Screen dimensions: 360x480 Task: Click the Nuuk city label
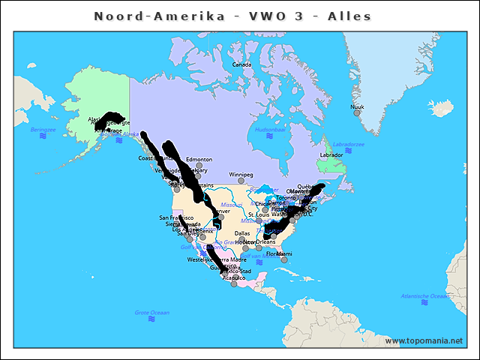click(x=357, y=106)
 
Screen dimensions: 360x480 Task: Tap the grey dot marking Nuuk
click(x=357, y=113)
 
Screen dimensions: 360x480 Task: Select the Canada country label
click(x=241, y=64)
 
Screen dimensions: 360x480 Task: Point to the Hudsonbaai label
click(x=270, y=129)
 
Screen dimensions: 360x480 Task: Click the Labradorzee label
click(x=348, y=143)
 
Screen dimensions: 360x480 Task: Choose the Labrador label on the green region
click(x=331, y=155)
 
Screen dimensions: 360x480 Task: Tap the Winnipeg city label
click(x=241, y=174)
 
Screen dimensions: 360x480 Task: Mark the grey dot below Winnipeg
click(x=241, y=181)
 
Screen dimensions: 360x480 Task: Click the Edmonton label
click(x=199, y=159)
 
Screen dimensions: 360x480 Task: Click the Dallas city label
click(x=242, y=233)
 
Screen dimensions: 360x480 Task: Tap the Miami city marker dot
click(x=284, y=260)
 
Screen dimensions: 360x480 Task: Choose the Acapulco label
click(x=233, y=277)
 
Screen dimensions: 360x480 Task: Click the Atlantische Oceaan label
click(x=426, y=295)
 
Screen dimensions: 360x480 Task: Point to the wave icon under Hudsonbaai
click(x=270, y=137)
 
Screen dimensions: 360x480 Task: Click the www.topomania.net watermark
click(x=424, y=340)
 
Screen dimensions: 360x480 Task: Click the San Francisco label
click(x=177, y=217)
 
